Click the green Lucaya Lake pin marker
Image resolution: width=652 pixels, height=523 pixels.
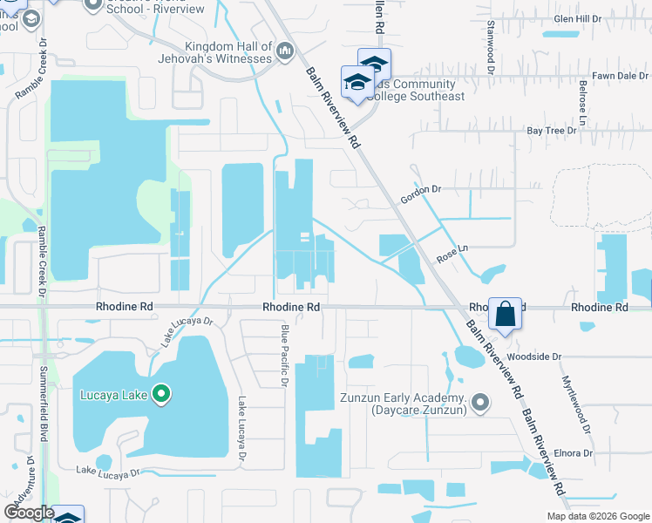pyautogui.click(x=160, y=395)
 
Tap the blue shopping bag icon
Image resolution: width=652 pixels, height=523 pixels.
pyautogui.click(x=506, y=313)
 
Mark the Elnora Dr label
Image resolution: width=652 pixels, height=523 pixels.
pyautogui.click(x=574, y=453)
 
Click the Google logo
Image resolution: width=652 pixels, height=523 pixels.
pyautogui.click(x=29, y=513)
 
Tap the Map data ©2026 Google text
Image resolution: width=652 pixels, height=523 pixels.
pyautogui.click(x=597, y=516)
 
